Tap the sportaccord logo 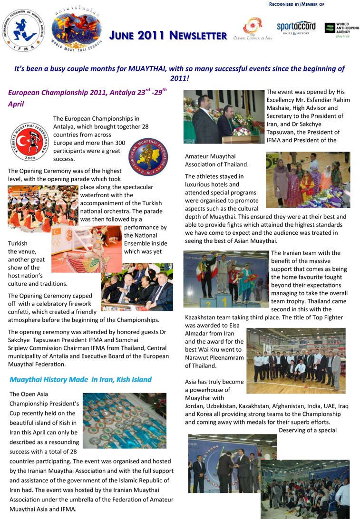click(x=296, y=28)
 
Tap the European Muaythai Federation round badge click(x=149, y=156)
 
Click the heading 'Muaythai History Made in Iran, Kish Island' click(x=80, y=379)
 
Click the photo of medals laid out click(x=124, y=421)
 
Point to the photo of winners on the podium click(x=226, y=279)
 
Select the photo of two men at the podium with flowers click(x=224, y=116)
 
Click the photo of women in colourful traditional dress click(x=308, y=180)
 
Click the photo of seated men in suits click(x=137, y=288)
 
